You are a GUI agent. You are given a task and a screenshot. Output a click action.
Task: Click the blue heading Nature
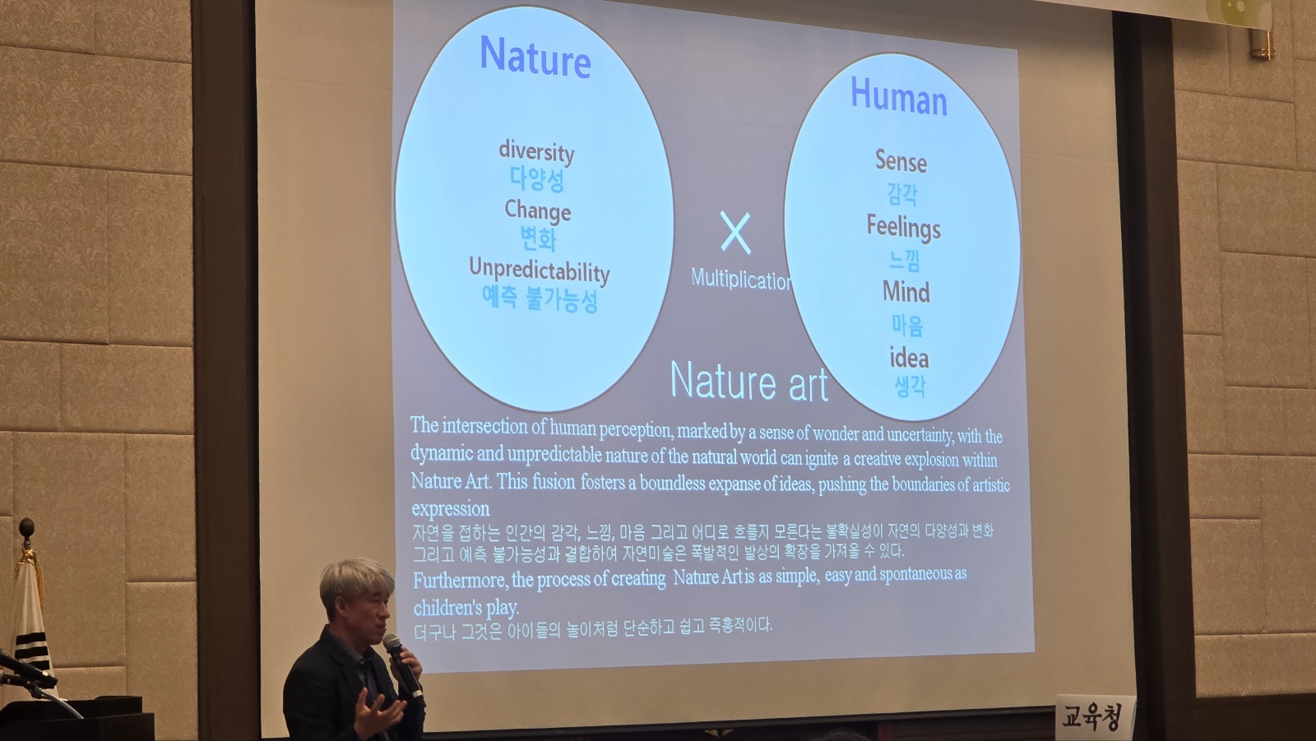click(x=535, y=57)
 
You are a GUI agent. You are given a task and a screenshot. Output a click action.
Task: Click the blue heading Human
click(x=899, y=96)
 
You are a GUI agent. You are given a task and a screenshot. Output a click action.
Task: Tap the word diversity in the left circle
click(x=536, y=151)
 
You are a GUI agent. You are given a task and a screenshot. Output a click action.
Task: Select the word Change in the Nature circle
click(x=538, y=211)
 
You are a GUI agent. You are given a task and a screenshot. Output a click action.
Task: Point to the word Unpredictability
click(x=540, y=271)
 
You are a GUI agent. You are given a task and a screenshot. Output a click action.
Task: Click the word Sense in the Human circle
click(x=901, y=161)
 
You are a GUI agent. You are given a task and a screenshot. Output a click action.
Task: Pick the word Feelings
click(x=904, y=228)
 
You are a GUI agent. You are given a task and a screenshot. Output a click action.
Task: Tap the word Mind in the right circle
click(x=906, y=292)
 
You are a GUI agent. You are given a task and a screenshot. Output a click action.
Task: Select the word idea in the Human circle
click(x=908, y=358)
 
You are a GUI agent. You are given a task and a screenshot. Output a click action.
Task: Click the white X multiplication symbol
click(x=735, y=234)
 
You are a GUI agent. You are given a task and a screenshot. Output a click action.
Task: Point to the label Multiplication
click(x=740, y=279)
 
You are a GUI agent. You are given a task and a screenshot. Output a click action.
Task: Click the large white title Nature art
click(x=749, y=382)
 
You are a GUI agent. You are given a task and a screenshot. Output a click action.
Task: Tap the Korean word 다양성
click(x=537, y=179)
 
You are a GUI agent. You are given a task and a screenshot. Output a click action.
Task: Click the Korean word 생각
click(x=910, y=387)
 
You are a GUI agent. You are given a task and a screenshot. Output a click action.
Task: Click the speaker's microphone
click(x=403, y=668)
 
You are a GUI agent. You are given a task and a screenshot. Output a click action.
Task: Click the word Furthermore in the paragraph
click(x=460, y=581)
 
